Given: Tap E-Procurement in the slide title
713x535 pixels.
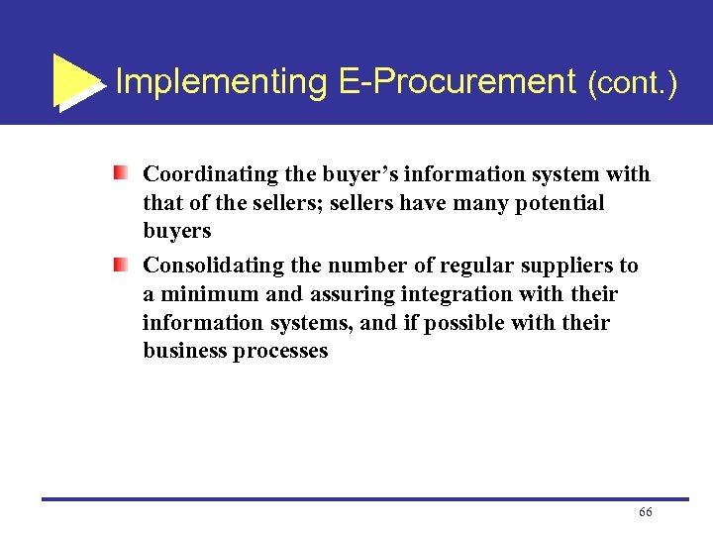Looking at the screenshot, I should tap(458, 81).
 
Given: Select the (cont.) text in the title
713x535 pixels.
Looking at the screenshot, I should tap(632, 83).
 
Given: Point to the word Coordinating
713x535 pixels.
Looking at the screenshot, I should tap(210, 175).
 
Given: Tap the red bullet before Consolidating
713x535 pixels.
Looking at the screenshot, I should tap(120, 266).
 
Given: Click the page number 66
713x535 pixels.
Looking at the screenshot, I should tap(646, 511).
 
